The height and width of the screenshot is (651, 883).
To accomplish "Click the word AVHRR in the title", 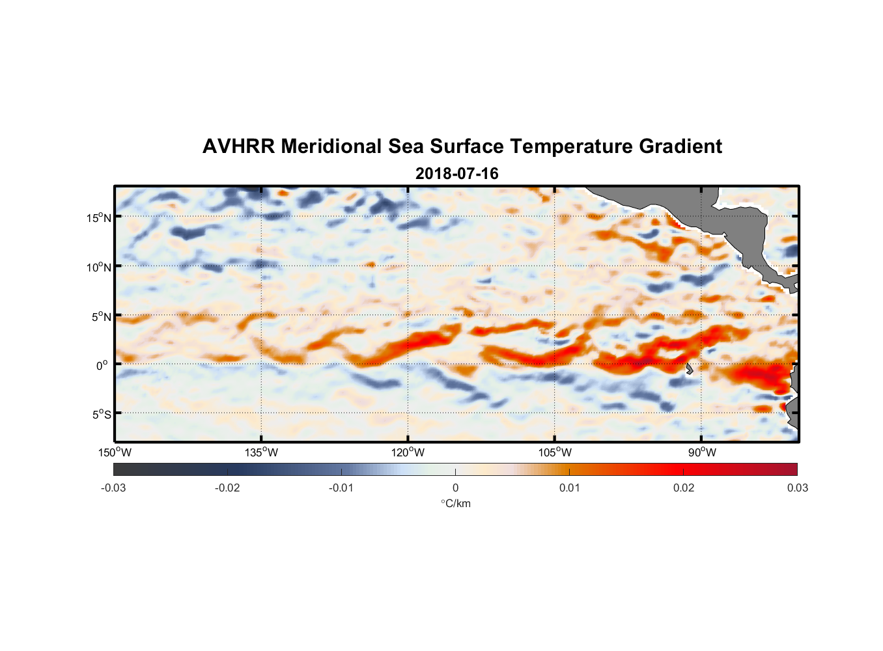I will coord(238,146).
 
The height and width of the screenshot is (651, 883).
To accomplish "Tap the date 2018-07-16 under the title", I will coord(456,174).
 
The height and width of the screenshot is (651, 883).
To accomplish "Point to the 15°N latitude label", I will coord(98,217).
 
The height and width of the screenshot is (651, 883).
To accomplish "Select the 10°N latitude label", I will coord(98,267).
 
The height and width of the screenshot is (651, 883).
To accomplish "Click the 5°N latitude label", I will coord(101,316).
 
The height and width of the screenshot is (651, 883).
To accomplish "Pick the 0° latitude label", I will coord(102,365).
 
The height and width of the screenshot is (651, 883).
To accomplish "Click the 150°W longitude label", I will coord(115,452).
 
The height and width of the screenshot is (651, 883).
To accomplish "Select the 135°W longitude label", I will coord(262,452).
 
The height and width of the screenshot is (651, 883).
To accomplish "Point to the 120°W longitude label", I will coord(408,452).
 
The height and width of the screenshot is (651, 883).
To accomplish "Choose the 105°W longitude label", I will coord(555,452).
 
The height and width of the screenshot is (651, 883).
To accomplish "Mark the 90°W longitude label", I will coord(702,452).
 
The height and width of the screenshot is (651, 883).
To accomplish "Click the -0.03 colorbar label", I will coord(113,488).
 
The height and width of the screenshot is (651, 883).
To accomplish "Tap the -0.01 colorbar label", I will coord(341,488).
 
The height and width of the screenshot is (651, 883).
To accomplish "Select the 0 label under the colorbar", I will coord(455,488).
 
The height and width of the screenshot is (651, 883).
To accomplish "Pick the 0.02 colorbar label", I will coord(684,488).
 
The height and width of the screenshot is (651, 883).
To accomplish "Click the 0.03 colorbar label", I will coord(797,488).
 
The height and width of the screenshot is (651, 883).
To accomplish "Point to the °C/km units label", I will coord(456,503).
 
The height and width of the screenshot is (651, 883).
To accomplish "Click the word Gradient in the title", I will coord(680,146).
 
